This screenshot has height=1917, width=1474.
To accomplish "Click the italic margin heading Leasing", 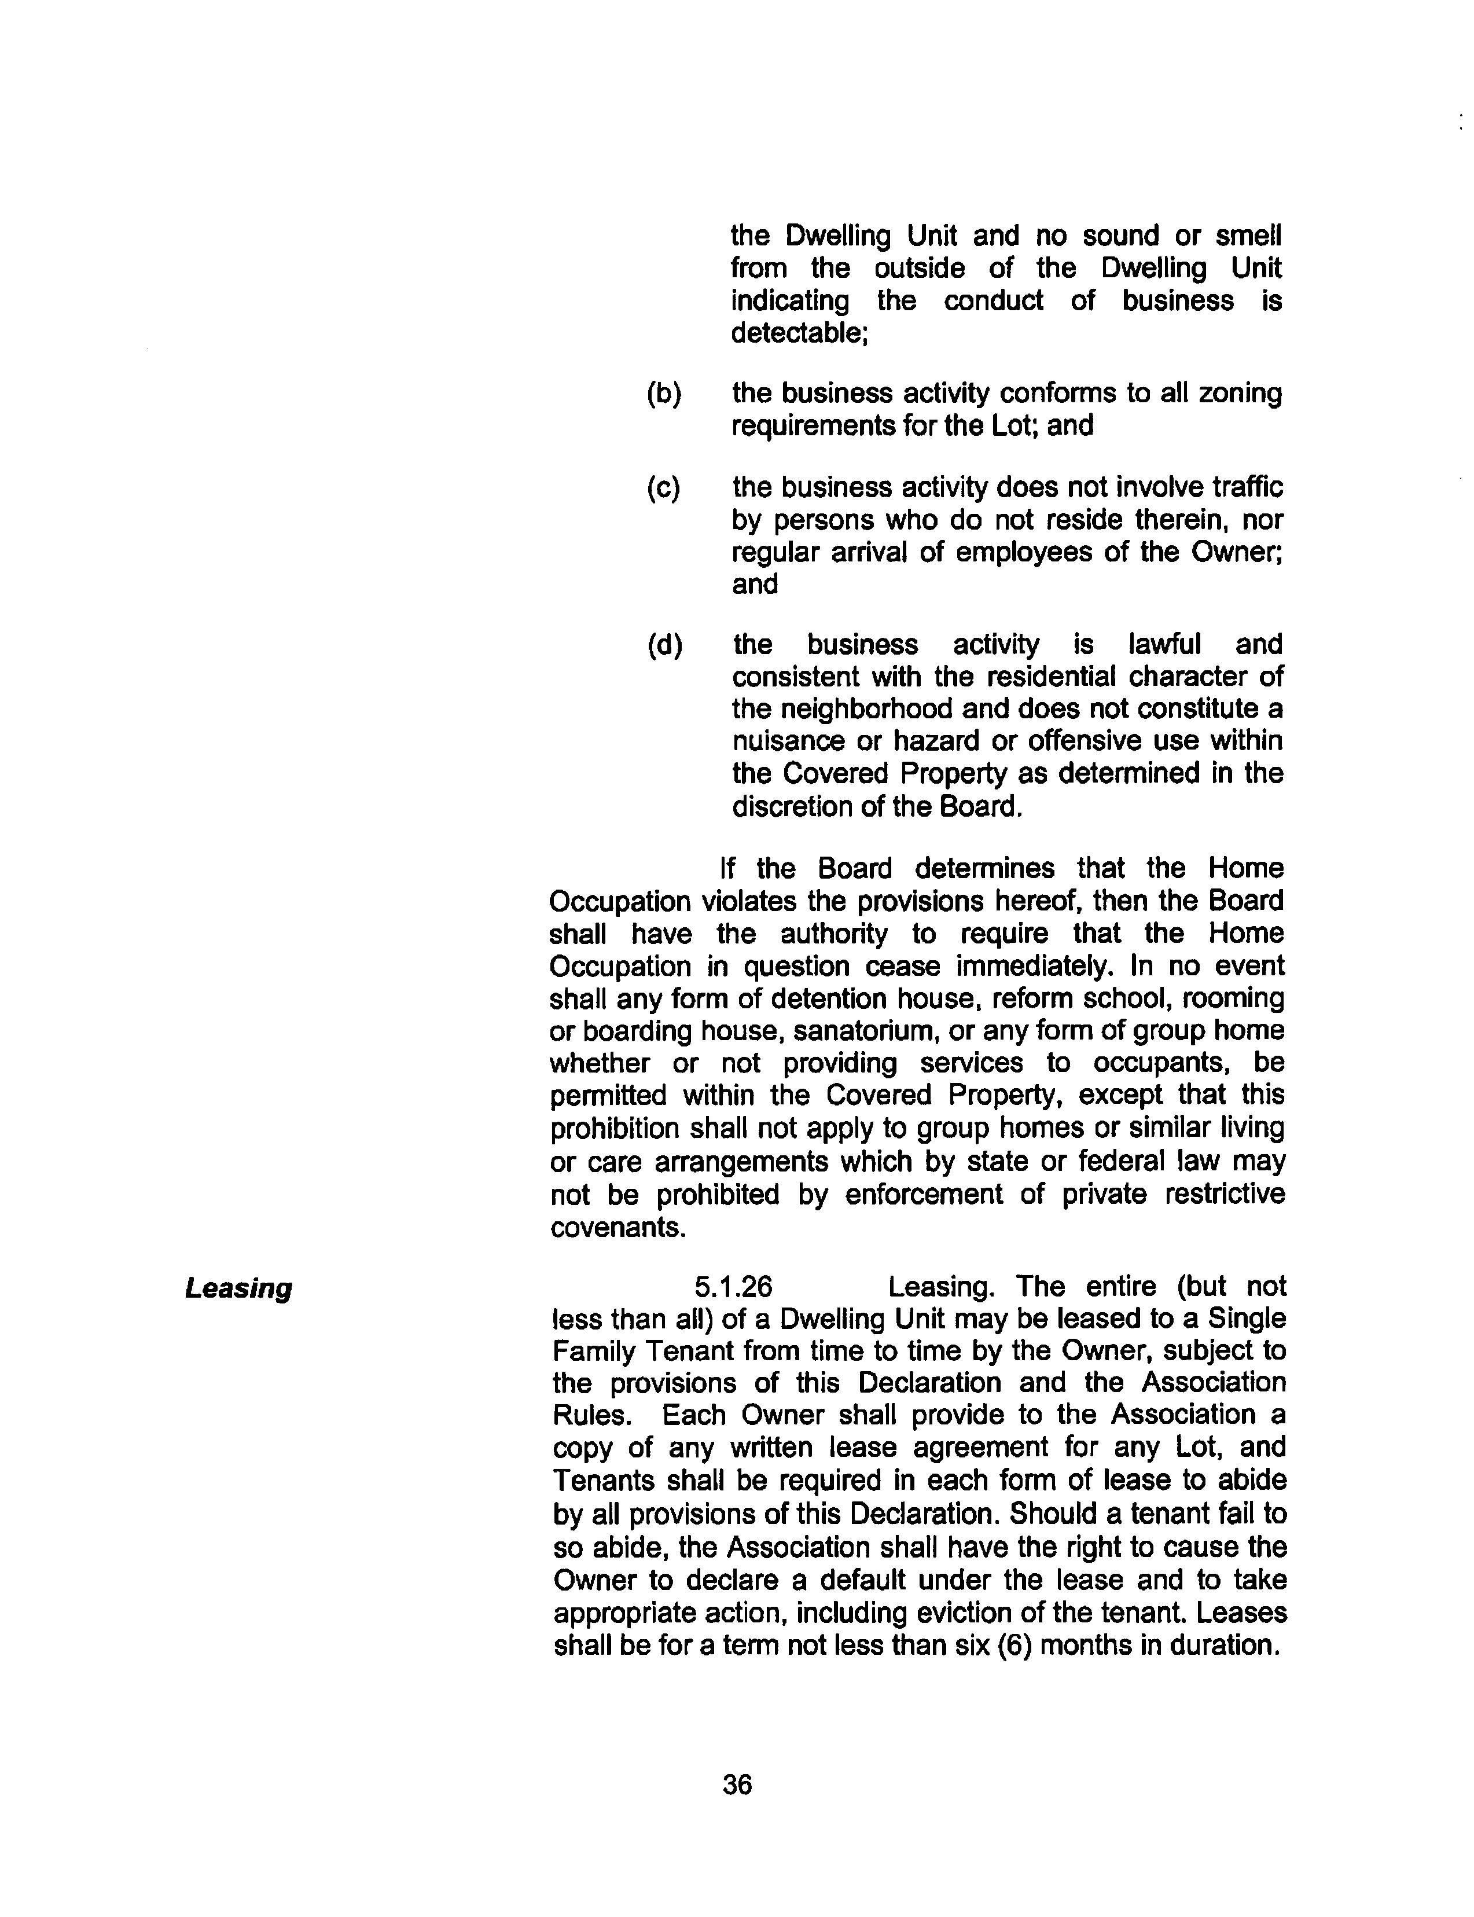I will tap(238, 1289).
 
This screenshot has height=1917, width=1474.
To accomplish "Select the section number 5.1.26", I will tap(733, 1287).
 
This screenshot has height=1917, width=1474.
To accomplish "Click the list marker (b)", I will tap(664, 394).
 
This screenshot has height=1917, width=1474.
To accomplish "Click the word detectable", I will tap(799, 333).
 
